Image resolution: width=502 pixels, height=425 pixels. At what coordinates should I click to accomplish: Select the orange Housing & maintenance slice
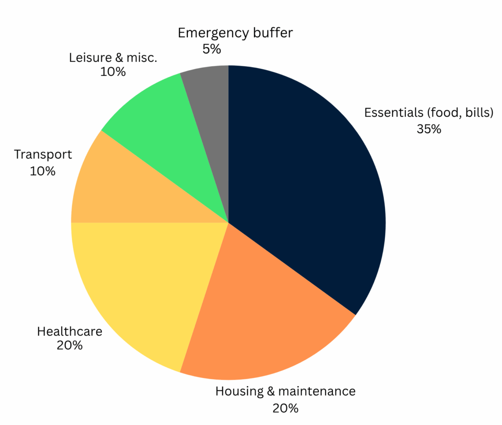[265, 319]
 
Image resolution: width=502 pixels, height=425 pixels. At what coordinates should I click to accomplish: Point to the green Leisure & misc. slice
[162, 123]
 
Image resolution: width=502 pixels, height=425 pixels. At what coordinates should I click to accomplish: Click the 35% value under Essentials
[428, 129]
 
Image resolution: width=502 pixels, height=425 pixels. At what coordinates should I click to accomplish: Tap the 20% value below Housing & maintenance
[285, 408]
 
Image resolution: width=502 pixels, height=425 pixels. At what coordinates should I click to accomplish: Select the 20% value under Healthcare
[70, 345]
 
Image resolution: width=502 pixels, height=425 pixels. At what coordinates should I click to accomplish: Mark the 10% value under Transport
[43, 171]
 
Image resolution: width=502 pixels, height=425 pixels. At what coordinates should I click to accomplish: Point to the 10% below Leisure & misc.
[113, 72]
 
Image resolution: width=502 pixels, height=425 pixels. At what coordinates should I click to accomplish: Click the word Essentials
[394, 113]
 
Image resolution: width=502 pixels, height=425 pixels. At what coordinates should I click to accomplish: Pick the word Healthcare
[70, 331]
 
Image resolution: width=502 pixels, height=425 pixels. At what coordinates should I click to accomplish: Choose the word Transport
[43, 155]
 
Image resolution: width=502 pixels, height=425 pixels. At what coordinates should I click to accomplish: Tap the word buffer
[274, 33]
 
